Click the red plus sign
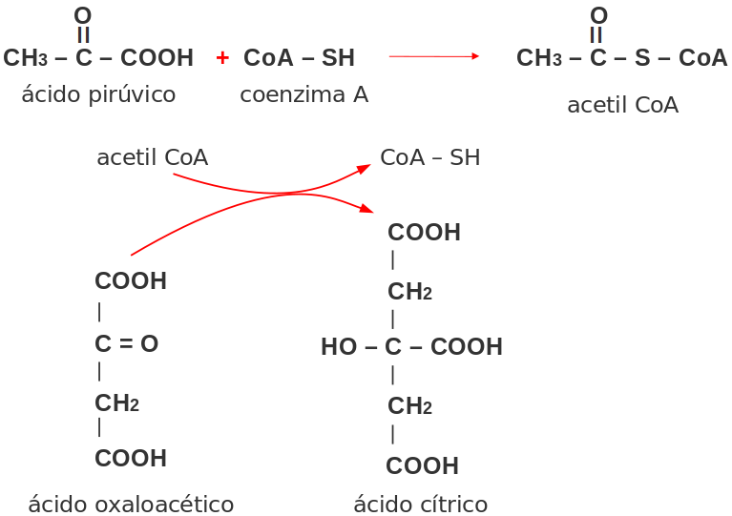[x=222, y=58]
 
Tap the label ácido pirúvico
[x=98, y=94]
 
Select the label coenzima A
[x=303, y=94]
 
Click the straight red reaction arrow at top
[x=433, y=57]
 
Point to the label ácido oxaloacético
[x=131, y=504]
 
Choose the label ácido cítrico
[x=420, y=504]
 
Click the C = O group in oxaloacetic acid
[x=127, y=344]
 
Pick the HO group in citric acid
[x=338, y=347]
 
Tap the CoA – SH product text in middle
[x=429, y=157]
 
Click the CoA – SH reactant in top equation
[x=299, y=58]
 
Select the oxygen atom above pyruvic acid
[x=83, y=16]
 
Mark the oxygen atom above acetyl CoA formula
[x=598, y=16]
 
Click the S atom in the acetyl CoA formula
[x=642, y=58]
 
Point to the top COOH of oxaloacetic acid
[x=131, y=281]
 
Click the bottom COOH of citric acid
[x=423, y=466]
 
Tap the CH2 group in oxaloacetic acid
[x=116, y=403]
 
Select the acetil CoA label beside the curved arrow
[x=152, y=157]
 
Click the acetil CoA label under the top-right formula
[x=622, y=105]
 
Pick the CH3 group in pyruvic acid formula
[x=26, y=58]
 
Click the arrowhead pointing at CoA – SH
[x=365, y=167]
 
